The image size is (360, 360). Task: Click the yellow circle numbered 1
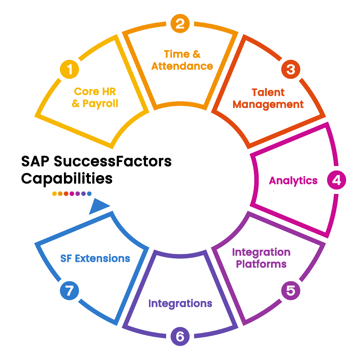69,70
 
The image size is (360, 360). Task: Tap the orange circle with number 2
180,23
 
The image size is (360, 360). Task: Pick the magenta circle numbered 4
336,180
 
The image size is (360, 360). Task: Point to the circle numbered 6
180,336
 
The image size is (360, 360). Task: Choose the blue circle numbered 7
69,291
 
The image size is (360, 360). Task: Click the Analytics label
293,181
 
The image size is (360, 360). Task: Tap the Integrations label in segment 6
180,304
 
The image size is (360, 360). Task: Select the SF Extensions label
95,259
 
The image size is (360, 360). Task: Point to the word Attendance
182,66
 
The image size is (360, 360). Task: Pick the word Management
268,104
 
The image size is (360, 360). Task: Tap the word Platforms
261,264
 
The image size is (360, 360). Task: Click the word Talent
268,93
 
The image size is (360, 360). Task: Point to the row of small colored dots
72,193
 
